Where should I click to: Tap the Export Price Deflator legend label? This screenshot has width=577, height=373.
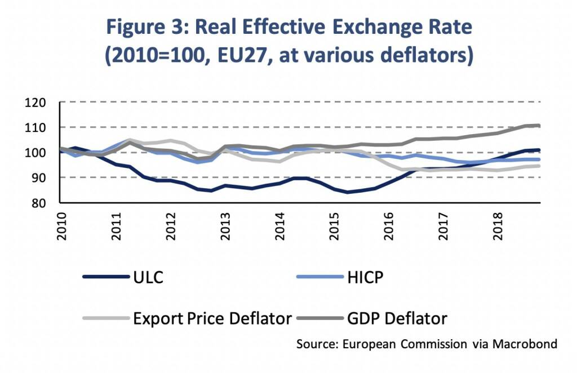(212, 318)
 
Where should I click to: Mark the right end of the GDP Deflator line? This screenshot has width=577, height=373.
(540, 126)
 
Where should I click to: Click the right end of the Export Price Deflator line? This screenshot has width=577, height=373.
(540, 166)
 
